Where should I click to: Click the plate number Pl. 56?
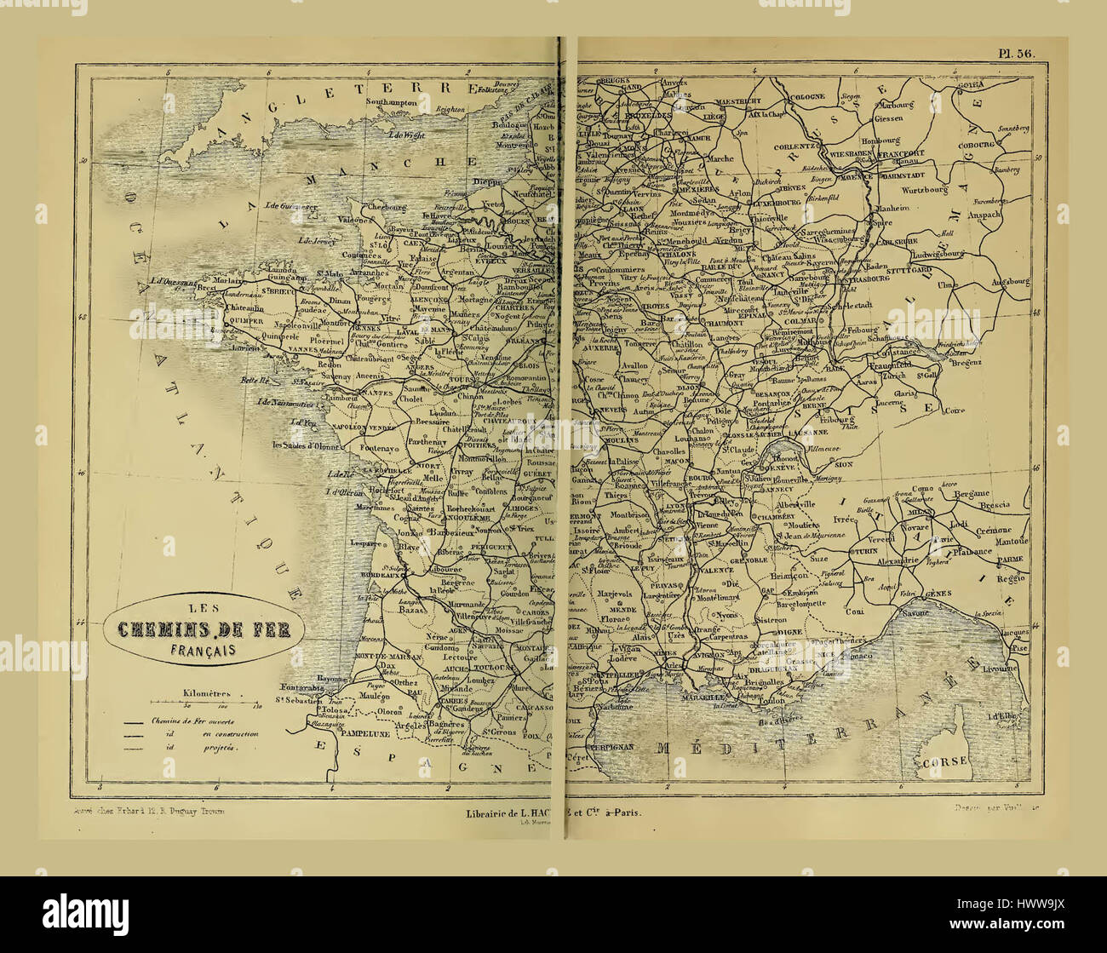pos(1016,53)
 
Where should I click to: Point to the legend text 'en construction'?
pos(230,732)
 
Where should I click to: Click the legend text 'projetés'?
pos(221,747)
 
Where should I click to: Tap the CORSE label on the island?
pos(945,761)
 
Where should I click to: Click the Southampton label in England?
pos(392,101)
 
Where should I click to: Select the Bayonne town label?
pos(335,679)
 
